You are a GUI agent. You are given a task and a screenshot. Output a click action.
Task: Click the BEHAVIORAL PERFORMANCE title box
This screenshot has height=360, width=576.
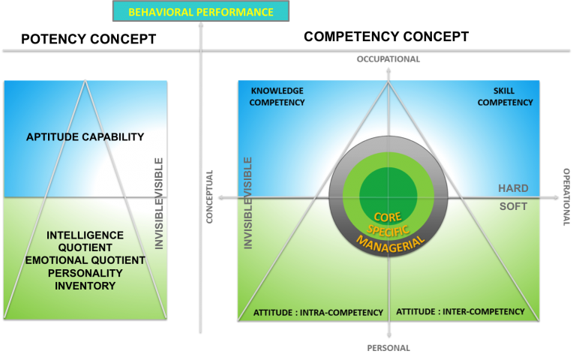point(200,12)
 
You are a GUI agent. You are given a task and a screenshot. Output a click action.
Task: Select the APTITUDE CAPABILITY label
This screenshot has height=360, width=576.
point(85,136)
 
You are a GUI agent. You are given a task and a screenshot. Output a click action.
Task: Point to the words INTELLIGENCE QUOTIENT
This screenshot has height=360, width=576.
point(85,241)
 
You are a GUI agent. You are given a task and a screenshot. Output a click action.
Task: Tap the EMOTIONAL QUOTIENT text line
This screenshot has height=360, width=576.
point(85,260)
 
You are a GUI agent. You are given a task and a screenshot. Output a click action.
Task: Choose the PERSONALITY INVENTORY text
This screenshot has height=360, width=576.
point(85,279)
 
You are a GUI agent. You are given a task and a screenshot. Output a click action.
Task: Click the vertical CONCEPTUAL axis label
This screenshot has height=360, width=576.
point(210,196)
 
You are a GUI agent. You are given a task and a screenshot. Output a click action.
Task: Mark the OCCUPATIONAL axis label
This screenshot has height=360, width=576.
point(388,59)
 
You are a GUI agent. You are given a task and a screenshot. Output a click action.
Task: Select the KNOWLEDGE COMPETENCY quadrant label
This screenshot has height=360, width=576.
point(277,96)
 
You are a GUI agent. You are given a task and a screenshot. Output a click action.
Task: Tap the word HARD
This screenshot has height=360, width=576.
point(513,188)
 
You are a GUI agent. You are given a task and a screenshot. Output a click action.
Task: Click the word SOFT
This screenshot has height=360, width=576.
point(513,206)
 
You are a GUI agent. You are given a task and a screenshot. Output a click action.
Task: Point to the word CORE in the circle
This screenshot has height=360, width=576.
point(388,217)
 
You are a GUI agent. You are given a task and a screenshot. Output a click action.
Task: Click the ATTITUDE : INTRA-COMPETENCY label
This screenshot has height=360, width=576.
point(318,312)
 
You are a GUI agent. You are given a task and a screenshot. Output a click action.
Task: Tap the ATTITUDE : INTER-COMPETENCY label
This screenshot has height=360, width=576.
point(460,311)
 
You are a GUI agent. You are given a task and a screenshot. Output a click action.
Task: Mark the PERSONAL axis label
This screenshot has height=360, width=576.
point(388,348)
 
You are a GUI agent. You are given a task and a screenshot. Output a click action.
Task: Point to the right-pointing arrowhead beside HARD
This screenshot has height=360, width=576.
point(556,197)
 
